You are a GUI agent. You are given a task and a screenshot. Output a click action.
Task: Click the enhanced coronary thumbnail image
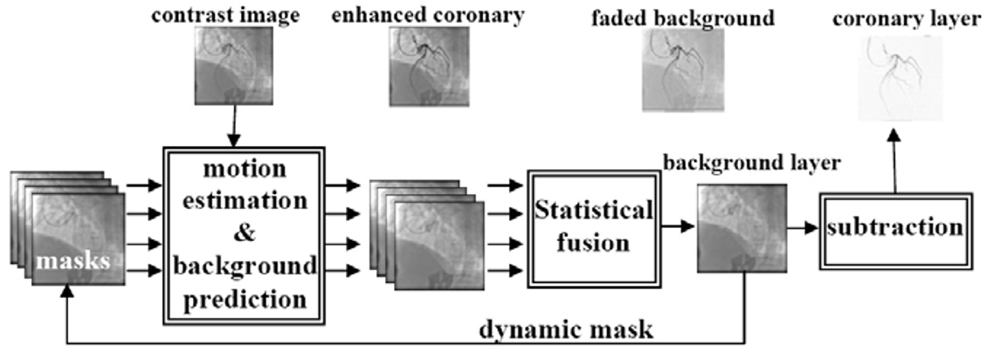point(429,66)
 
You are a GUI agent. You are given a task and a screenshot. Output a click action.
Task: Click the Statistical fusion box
point(592,225)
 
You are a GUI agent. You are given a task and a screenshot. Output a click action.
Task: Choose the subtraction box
point(893,227)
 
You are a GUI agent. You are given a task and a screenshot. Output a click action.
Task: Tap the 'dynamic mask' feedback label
point(566,329)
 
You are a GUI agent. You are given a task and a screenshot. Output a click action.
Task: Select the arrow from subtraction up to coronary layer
point(893,157)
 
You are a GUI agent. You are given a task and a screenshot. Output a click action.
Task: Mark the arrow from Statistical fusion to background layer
point(677,227)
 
